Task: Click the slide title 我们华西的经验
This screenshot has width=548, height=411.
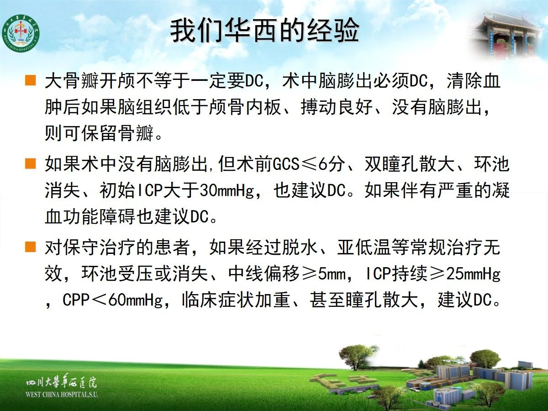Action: (264, 31)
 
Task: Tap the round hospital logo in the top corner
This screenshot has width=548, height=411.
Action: (21, 33)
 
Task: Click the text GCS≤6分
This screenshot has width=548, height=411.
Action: (309, 164)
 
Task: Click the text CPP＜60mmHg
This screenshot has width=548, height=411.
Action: (113, 300)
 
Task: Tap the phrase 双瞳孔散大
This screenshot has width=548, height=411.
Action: (410, 164)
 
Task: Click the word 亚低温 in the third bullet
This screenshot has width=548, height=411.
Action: (364, 248)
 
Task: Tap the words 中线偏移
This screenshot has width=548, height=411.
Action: (264, 274)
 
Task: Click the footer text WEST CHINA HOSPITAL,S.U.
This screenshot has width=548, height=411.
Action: (62, 395)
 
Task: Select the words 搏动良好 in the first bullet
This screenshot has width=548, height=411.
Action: (337, 107)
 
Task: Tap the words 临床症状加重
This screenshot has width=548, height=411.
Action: (236, 300)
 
